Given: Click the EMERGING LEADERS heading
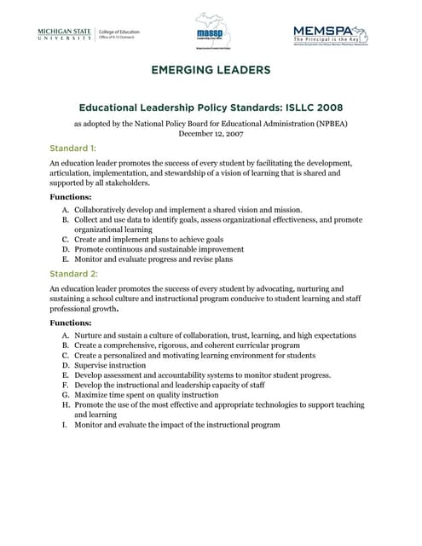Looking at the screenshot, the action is click(x=211, y=70).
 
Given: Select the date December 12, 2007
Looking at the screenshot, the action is click(x=211, y=133).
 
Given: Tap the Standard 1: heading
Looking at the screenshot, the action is click(x=73, y=148).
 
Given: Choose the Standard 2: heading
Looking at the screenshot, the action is click(x=74, y=274).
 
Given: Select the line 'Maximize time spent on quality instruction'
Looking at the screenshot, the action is click(x=147, y=395).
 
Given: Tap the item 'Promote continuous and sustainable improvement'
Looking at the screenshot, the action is click(x=159, y=249).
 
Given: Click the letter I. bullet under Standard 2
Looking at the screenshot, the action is click(x=66, y=425).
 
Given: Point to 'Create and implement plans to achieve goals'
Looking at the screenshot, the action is click(x=149, y=240).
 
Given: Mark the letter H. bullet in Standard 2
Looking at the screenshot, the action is click(x=66, y=405).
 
